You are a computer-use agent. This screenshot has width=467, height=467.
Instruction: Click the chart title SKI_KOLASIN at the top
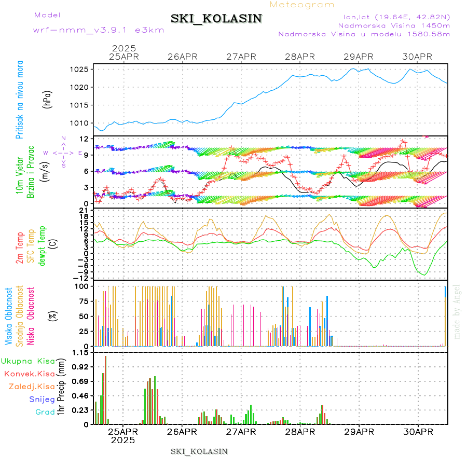(216, 19)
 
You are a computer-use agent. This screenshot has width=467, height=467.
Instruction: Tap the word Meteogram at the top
(302, 5)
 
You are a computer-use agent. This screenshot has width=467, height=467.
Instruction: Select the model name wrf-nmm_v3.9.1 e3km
(99, 30)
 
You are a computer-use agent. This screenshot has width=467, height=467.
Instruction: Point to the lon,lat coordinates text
(394, 17)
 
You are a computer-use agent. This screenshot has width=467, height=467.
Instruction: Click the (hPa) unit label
(47, 99)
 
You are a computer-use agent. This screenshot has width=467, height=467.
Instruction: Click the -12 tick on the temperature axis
(81, 278)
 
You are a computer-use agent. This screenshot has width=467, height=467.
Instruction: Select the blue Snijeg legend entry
(42, 399)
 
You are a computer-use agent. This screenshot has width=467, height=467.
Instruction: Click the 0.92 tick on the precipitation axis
(81, 367)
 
